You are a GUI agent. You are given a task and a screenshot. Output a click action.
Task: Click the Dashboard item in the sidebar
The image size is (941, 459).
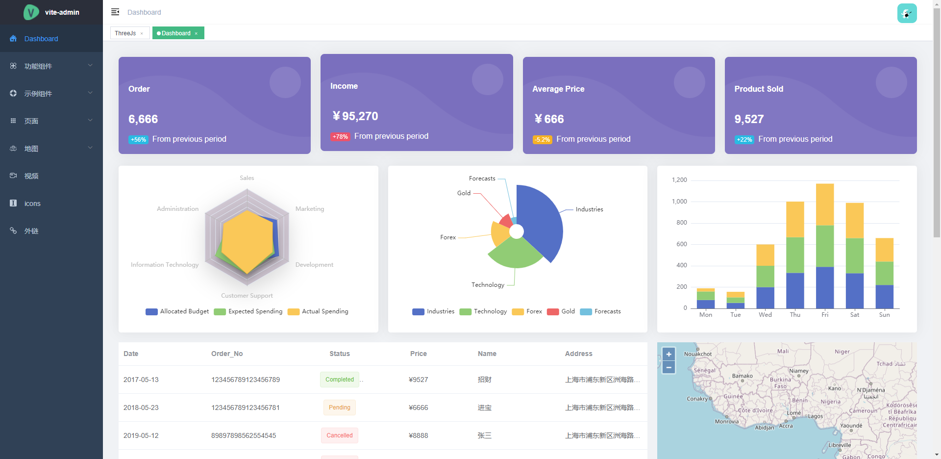click(41, 39)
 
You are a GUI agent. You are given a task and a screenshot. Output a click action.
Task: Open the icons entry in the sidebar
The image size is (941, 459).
click(32, 204)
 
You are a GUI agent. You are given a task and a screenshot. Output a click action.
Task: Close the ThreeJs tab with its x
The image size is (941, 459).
click(142, 33)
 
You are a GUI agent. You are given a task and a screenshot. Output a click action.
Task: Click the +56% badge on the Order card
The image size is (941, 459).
click(138, 140)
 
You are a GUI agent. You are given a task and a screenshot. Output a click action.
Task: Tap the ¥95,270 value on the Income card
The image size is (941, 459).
click(355, 116)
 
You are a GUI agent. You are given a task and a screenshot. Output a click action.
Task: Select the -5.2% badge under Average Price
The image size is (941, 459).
click(543, 140)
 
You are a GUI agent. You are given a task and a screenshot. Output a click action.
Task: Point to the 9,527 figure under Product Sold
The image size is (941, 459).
click(749, 119)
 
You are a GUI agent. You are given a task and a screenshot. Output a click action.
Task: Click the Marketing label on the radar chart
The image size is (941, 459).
click(310, 209)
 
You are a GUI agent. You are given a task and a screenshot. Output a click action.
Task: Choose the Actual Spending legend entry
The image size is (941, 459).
click(324, 311)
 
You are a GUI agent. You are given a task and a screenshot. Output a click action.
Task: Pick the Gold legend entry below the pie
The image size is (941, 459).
click(568, 311)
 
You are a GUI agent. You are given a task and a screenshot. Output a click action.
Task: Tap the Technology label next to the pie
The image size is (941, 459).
click(488, 285)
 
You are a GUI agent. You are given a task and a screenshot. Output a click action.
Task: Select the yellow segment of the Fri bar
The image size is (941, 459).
click(825, 204)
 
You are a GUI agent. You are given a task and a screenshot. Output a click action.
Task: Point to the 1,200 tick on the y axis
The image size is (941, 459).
click(679, 180)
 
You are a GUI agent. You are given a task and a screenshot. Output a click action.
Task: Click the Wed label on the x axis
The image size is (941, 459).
click(765, 315)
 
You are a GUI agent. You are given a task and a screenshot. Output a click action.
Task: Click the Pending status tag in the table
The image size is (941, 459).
click(340, 408)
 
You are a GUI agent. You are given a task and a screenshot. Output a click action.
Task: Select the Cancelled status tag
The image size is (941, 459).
click(340, 435)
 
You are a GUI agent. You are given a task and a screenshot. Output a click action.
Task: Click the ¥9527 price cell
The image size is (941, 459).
click(419, 380)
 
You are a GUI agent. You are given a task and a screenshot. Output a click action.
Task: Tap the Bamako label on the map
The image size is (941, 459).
click(742, 376)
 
